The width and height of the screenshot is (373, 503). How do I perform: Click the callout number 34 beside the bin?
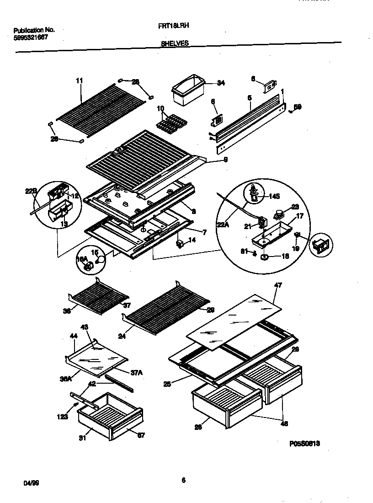pyautogui.click(x=221, y=83)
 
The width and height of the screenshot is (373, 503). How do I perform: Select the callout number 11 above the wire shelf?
pyautogui.click(x=79, y=81)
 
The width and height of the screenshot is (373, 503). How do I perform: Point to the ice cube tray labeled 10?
pyautogui.click(x=170, y=123)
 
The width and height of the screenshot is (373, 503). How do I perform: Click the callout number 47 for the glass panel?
pyautogui.click(x=277, y=285)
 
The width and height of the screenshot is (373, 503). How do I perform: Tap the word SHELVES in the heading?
pyautogui.click(x=175, y=44)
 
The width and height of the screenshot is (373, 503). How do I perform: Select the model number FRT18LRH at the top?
pyautogui.click(x=171, y=27)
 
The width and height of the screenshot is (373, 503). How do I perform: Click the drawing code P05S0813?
pyautogui.click(x=304, y=444)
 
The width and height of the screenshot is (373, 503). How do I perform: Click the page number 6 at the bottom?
pyautogui.click(x=183, y=480)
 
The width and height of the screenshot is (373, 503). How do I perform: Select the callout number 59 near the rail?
pyautogui.click(x=297, y=107)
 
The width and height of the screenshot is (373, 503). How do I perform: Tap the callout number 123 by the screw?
pyautogui.click(x=63, y=417)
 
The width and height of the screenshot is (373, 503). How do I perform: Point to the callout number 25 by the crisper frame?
pyautogui.click(x=167, y=385)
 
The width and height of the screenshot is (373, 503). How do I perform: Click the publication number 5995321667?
pyautogui.click(x=31, y=37)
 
